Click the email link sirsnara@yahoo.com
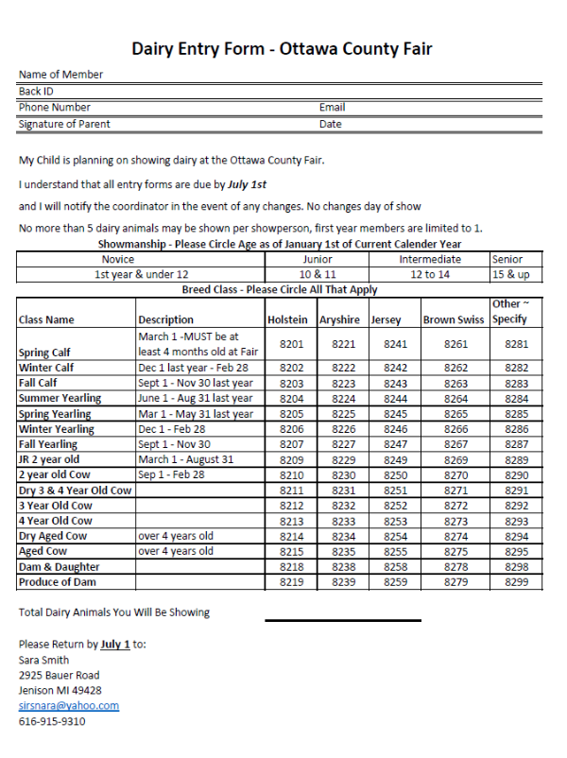coord(69,705)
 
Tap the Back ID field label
coord(36,92)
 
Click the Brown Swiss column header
coord(454,319)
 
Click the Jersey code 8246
coord(395,429)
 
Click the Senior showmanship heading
coord(507,259)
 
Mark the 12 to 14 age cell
coord(430,274)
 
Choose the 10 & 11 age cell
coord(318,274)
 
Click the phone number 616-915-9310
coord(52,721)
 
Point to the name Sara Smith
coord(43,660)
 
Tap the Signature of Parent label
coord(64,124)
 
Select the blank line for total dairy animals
coord(342,620)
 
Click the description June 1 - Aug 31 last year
coord(196,399)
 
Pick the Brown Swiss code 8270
coord(456,475)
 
